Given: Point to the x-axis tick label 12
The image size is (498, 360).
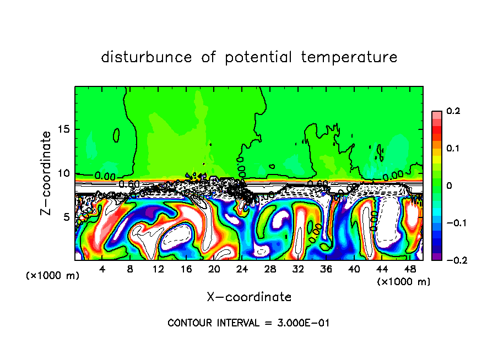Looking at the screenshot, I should click(158, 269).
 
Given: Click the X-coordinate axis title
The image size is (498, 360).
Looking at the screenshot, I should click(249, 297).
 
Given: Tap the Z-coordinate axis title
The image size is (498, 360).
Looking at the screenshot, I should click(47, 173).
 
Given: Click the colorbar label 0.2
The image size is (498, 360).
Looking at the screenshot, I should click(453, 111).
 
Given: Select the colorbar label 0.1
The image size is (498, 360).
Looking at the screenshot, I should click(453, 149).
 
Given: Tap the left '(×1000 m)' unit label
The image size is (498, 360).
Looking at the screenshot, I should click(53, 275).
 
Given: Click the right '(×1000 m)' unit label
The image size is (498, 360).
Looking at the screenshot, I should click(404, 282).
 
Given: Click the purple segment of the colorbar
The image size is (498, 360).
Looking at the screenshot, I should click(437, 257).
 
